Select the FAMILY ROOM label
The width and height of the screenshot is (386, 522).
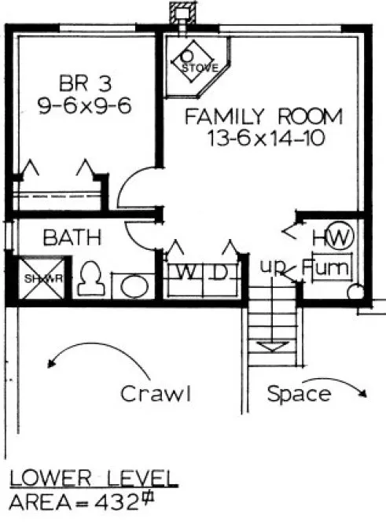click(x=263, y=118)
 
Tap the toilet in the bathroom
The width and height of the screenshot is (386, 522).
click(x=88, y=278)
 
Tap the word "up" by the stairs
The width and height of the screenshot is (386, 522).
click(x=271, y=268)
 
